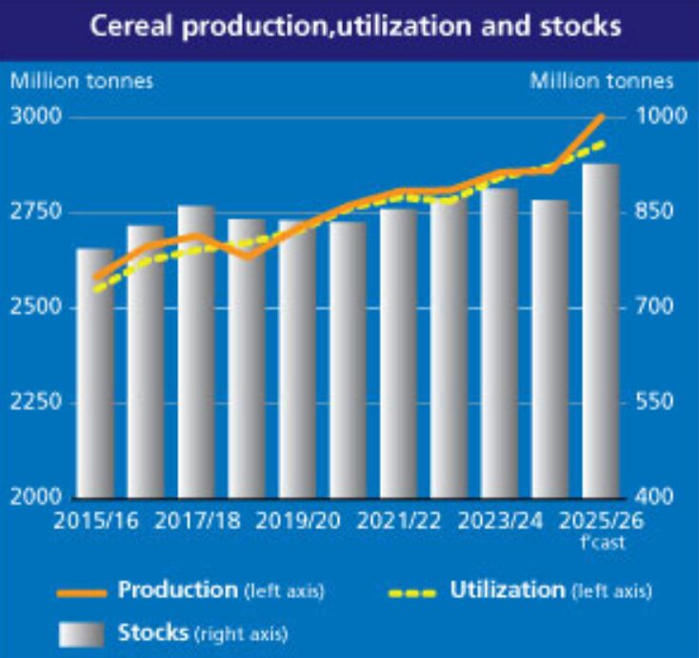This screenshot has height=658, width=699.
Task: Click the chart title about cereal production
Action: [355, 26]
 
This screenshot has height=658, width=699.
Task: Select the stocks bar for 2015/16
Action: [95, 371]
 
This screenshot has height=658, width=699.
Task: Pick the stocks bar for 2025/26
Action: [601, 329]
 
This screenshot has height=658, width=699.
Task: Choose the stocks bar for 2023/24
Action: [500, 342]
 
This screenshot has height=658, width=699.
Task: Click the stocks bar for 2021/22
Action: [398, 352]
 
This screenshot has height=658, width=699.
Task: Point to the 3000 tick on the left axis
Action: [36, 117]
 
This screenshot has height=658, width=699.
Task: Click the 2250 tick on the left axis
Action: [36, 402]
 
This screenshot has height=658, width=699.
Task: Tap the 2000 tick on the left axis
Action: [36, 497]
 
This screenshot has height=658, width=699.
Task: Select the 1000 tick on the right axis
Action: [656, 117]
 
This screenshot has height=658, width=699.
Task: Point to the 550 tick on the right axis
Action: [656, 402]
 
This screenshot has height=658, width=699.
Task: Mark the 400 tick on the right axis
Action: [656, 497]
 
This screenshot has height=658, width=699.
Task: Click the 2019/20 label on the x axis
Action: [296, 522]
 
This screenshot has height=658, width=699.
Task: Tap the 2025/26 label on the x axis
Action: [599, 522]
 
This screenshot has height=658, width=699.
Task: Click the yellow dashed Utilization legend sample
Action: [412, 592]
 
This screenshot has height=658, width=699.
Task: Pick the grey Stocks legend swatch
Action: [82, 632]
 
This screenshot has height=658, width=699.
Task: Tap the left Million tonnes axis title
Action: [81, 80]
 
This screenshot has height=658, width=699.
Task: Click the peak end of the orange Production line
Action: [601, 117]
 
